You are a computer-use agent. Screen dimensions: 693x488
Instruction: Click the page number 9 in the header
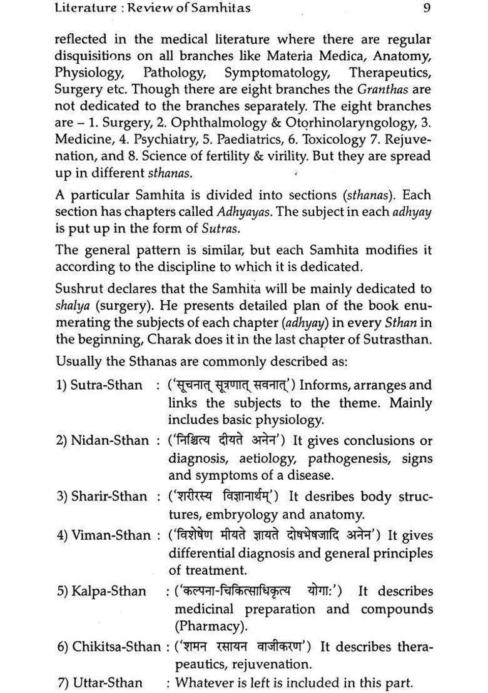(x=425, y=8)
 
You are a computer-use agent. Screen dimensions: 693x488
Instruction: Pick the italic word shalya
(x=71, y=306)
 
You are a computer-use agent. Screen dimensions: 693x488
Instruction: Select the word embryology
(x=239, y=515)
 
